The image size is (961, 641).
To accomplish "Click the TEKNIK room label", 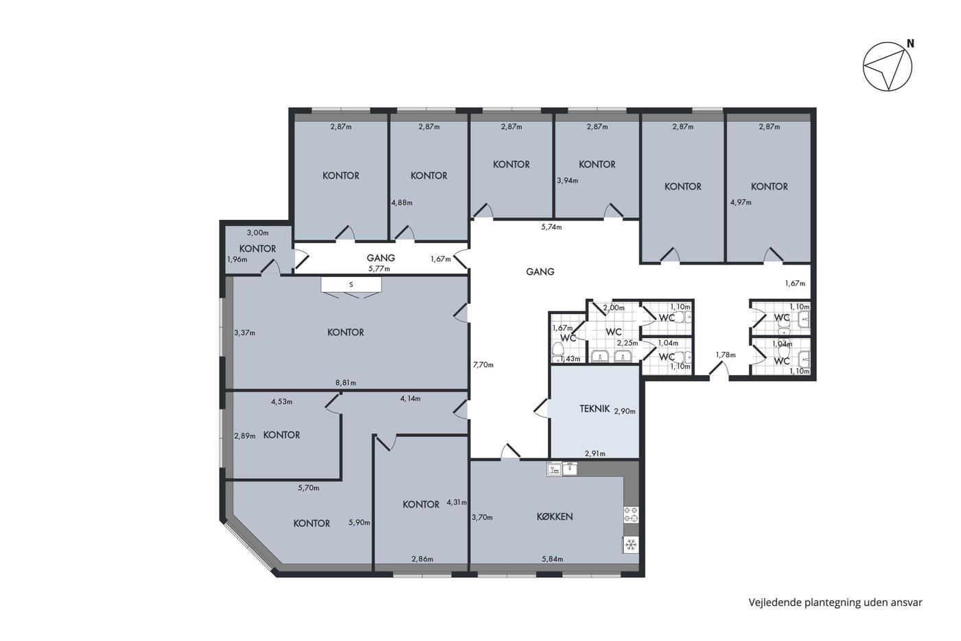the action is coord(594,409).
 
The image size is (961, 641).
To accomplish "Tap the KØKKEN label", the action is coord(555,517).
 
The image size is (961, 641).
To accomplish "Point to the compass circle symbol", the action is coord(888,66).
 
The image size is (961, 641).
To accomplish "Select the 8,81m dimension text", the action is coord(346,383).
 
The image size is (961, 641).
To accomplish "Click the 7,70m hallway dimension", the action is coord(483,365).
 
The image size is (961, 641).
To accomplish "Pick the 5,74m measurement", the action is coord(551,227).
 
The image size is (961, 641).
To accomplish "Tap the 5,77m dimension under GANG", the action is coord(380,269).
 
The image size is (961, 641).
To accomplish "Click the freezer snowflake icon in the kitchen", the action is coord(631,546).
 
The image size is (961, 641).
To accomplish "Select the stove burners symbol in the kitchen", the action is coord(631,515).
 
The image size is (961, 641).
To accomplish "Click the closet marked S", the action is coord(351,284).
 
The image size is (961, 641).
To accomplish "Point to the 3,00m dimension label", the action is coord(258,233).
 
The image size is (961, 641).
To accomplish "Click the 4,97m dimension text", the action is coord(741,202).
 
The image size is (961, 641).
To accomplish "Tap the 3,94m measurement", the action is coord(568,180).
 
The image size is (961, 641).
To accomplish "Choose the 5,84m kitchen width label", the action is coord(553,559).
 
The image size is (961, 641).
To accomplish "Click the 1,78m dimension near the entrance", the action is coord(726,355).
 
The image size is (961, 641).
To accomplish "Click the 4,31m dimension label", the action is coord(457,502).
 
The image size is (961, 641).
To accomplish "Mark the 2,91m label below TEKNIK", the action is coord(595,453).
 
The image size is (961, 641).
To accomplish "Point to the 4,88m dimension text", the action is coord(402,202).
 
